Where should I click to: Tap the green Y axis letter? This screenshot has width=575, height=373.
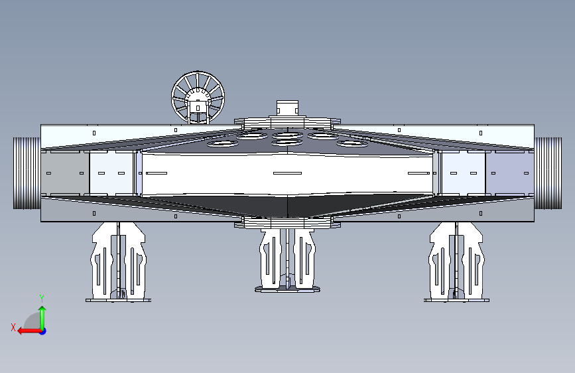pos(42,299)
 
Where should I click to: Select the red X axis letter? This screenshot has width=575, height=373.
pos(13,327)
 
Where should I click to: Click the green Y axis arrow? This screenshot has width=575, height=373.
pos(42,319)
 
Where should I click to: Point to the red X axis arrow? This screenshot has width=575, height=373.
pos(30,331)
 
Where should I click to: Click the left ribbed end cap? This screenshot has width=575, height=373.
pos(27,173)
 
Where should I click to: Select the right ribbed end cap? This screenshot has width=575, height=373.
pos(548,173)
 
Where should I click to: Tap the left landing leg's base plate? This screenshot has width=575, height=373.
pos(118,300)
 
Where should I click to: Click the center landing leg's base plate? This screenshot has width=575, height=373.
pos(288,289)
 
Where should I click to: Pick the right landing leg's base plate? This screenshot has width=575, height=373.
pos(456,300)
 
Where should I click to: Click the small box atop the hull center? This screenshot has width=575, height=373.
pos(287,108)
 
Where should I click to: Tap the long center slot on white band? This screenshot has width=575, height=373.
pos(288,173)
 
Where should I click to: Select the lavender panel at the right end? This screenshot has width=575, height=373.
pos(509,173)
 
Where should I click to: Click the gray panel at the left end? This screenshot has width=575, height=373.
pos(65,173)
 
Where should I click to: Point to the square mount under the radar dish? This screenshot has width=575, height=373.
pos(198,108)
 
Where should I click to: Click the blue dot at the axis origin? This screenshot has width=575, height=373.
pos(43,331)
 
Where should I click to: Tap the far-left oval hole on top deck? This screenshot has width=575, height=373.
pos(222,143)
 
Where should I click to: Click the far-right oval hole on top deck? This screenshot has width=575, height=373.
pos(352,143)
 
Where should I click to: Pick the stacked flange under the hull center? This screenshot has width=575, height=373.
pos(288,223)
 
